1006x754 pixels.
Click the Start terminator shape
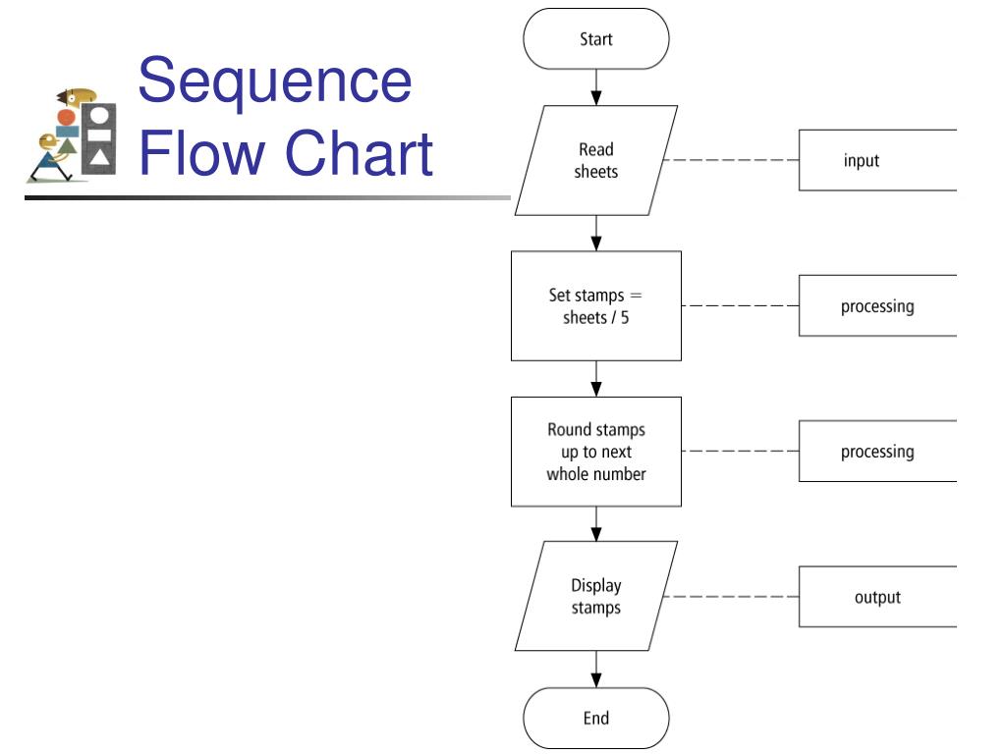coord(596,38)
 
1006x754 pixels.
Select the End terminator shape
coord(596,718)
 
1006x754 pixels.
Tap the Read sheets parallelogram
coord(596,160)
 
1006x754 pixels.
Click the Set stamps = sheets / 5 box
coord(596,306)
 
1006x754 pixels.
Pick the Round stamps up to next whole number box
coord(596,452)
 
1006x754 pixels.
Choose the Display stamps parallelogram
coord(596,596)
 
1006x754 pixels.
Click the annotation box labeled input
coord(877,160)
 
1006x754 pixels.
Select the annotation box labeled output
coord(877,597)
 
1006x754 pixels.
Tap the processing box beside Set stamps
coord(877,306)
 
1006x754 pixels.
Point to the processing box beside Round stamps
coord(877,452)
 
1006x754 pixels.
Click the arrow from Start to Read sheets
coord(596,87)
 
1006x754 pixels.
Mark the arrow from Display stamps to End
coord(596,670)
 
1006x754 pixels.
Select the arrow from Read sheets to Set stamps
coord(596,233)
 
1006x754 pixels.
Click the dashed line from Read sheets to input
coord(731,160)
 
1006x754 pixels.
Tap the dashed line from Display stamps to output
coord(731,597)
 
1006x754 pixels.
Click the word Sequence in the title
coord(275,81)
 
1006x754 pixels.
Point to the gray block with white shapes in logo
coord(99,139)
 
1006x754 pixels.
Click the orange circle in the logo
coord(66,118)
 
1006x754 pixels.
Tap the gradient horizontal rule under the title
coord(267,197)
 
